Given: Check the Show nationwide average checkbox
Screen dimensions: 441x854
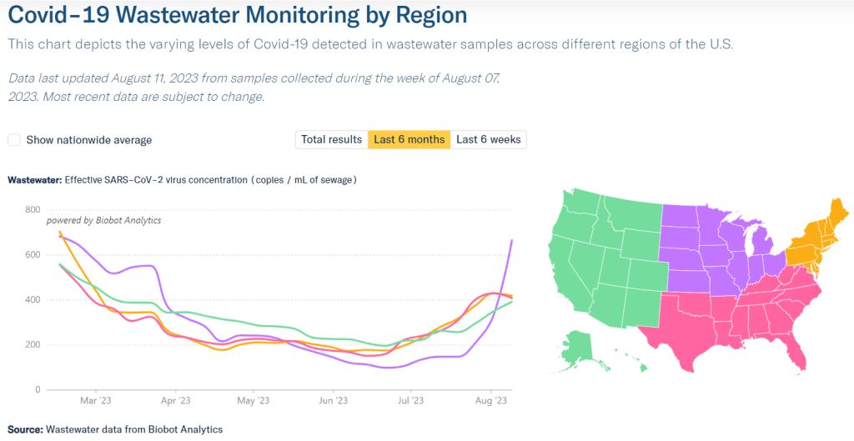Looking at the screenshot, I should (14, 140).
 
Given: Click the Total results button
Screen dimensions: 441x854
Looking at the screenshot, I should (332, 140).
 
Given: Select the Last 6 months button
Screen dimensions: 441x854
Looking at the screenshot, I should (409, 140).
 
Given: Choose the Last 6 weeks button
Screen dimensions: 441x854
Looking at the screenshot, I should (489, 140).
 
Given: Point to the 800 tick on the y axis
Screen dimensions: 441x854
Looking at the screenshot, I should (32, 210).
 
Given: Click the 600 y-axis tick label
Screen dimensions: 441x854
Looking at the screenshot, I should (32, 255).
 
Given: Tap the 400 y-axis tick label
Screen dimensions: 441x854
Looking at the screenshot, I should (32, 300).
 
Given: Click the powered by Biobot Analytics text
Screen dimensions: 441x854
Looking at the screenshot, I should (103, 221).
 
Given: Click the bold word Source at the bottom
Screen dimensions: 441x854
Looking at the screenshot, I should (25, 429).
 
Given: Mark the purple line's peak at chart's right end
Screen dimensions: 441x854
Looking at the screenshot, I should (511, 240).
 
